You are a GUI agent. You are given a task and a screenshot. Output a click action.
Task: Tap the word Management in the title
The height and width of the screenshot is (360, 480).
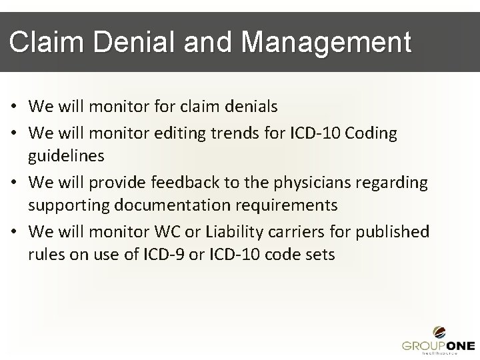point(327,43)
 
